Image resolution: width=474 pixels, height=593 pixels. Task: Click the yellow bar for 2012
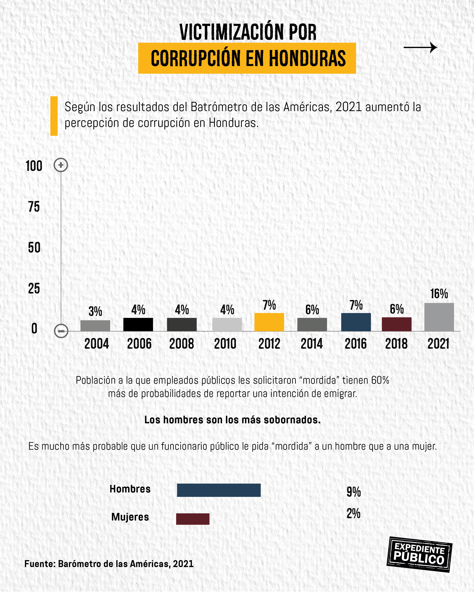click(269, 322)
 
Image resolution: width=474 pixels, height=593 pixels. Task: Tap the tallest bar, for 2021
click(439, 317)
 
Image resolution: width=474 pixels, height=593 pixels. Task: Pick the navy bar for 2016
click(356, 322)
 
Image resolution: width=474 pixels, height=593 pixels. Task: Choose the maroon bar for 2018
click(396, 324)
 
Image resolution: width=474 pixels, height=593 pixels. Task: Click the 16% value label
click(439, 294)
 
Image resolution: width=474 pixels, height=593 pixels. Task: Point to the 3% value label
click(95, 311)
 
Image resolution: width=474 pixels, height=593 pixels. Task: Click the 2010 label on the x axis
click(225, 344)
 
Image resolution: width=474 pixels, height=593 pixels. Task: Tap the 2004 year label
click(96, 344)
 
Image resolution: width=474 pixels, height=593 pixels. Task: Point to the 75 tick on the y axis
click(34, 207)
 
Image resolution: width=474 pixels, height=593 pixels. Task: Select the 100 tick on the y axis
click(34, 166)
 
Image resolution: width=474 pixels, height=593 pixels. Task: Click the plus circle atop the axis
click(61, 165)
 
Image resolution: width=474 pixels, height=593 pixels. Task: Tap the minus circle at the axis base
click(61, 331)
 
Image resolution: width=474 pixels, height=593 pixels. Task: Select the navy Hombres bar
click(219, 490)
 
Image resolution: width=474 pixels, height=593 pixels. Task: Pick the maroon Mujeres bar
click(193, 519)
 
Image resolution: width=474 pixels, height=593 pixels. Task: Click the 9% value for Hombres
click(353, 492)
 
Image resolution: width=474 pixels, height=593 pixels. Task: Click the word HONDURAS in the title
click(307, 58)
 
